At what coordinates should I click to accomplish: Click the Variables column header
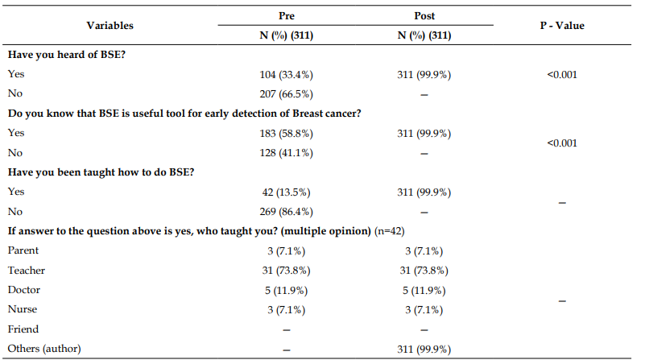tap(110, 26)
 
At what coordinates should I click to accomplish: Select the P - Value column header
tap(562, 26)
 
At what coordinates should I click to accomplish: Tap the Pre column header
tap(287, 15)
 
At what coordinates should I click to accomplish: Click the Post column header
tap(424, 15)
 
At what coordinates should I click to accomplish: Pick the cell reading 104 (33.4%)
tap(287, 74)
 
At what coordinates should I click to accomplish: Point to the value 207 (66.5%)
tap(287, 93)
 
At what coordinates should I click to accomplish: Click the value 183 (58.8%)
tap(287, 134)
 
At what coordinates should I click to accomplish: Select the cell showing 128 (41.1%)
tap(287, 153)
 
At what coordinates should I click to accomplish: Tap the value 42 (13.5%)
tap(287, 192)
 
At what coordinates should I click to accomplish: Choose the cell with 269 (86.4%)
tap(287, 212)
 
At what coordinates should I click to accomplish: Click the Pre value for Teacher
tap(287, 271)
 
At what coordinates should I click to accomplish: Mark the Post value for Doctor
tap(424, 291)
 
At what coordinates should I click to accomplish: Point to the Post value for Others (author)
tap(424, 350)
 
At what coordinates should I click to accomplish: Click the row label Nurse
tap(23, 309)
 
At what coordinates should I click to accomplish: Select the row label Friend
tap(23, 329)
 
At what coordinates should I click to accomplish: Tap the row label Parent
tap(23, 250)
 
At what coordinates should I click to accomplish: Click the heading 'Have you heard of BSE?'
tap(67, 55)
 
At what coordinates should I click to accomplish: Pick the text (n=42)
tap(390, 231)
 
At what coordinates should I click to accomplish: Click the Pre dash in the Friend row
tap(287, 330)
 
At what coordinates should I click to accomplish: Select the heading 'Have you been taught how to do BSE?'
tap(101, 172)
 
